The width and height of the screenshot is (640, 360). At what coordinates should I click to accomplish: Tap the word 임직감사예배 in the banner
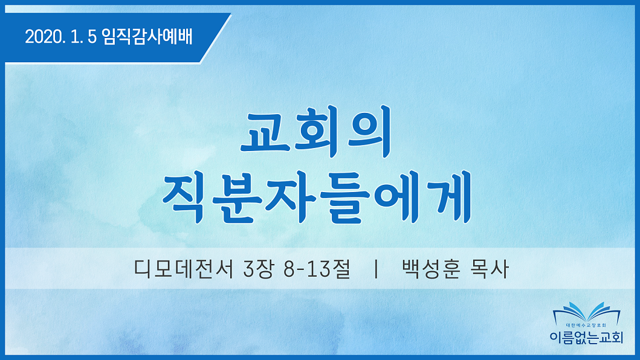tap(147, 36)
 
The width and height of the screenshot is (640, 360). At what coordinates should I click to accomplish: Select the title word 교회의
tap(316, 132)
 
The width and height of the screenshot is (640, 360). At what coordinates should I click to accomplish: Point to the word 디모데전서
tap(184, 269)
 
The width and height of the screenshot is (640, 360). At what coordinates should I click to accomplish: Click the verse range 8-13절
tap(317, 269)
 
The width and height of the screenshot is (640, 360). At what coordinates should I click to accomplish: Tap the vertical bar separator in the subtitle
tap(376, 269)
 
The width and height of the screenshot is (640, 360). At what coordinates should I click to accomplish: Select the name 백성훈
tap(431, 269)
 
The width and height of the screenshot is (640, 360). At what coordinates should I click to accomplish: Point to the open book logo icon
tap(587, 312)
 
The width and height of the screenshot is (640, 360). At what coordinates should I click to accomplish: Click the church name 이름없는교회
tap(587, 338)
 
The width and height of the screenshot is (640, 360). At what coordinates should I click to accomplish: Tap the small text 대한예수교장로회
tap(586, 326)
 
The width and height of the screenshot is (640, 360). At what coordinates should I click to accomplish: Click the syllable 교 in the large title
tap(266, 132)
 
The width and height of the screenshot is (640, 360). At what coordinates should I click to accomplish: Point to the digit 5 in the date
tap(92, 37)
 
